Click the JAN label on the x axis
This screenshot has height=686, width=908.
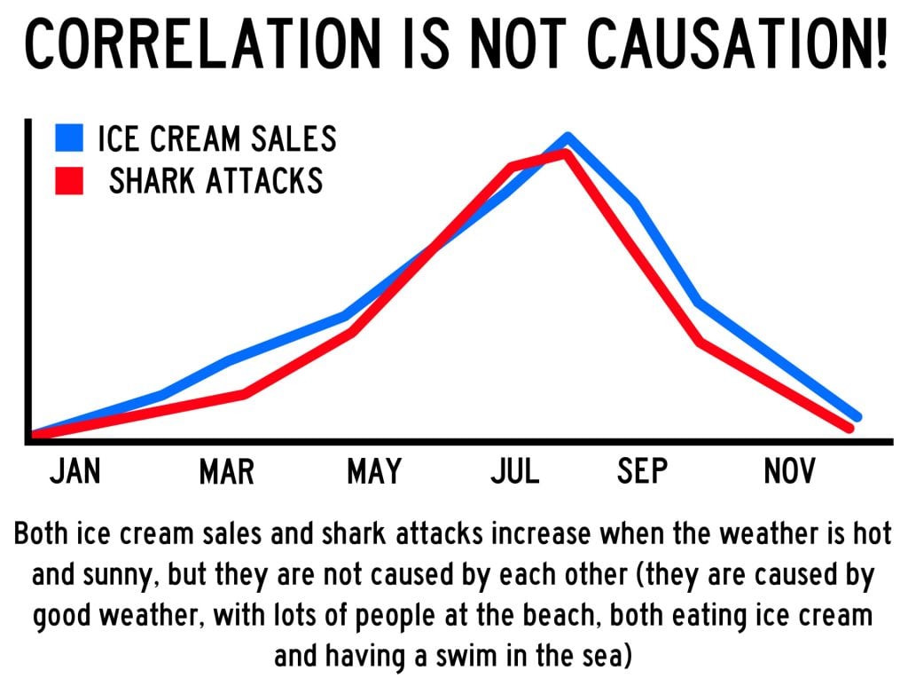[x=74, y=471]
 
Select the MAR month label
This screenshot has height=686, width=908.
[x=226, y=471]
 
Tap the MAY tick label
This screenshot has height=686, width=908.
[x=373, y=471]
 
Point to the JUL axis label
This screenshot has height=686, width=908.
[x=515, y=471]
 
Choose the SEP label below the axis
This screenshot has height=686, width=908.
[x=642, y=471]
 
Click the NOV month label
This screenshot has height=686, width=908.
[x=788, y=471]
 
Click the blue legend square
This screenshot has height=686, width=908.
[x=68, y=139]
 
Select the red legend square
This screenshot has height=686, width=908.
[x=68, y=181]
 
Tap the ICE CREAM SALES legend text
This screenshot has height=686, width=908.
[x=216, y=139]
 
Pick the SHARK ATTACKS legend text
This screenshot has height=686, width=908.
[x=215, y=181]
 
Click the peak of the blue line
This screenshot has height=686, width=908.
[x=567, y=137]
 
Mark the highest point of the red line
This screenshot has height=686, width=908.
[x=562, y=154]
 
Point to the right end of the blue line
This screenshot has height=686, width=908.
[x=857, y=416]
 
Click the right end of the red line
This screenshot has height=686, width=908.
[x=849, y=428]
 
